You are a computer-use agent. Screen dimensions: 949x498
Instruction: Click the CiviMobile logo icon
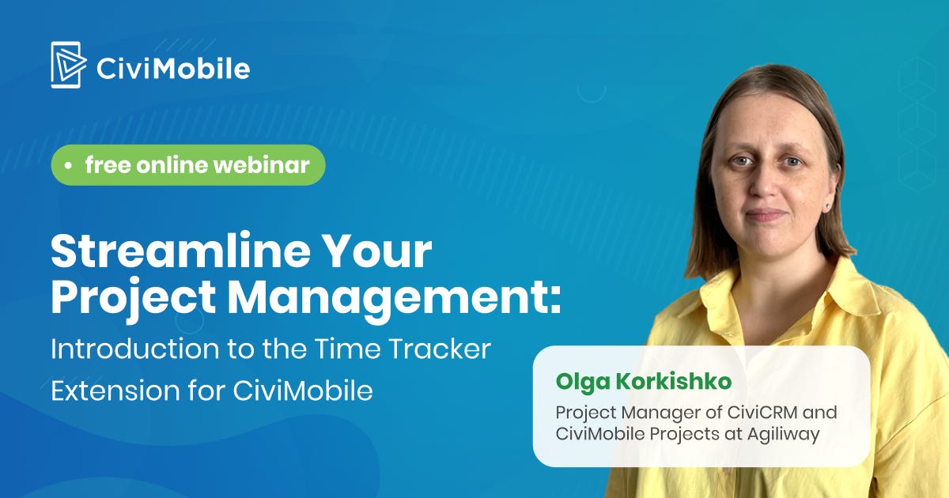(x=69, y=65)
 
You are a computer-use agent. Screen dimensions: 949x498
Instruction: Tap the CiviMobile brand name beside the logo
(x=173, y=69)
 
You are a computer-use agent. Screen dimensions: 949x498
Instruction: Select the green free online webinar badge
(x=188, y=164)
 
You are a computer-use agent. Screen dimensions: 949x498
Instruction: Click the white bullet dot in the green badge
(x=68, y=166)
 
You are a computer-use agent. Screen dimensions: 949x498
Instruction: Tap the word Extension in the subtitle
(x=115, y=390)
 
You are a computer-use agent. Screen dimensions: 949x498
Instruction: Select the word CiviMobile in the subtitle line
(x=303, y=390)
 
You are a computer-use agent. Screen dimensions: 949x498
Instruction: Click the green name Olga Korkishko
(x=644, y=382)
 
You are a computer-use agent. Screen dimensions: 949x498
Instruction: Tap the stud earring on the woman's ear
(x=826, y=206)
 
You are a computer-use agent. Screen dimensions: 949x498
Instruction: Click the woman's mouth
(x=766, y=213)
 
